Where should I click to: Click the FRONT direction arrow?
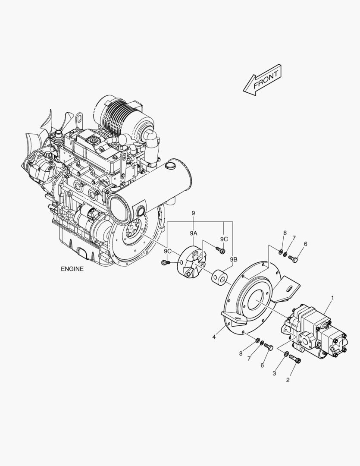point(262,81)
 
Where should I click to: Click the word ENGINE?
point(72,268)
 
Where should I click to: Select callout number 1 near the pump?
point(332,298)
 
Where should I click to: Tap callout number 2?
point(288,380)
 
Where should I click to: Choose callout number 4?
point(214,337)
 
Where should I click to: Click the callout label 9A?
point(194,233)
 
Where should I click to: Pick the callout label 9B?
point(233,259)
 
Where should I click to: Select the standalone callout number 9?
point(193,213)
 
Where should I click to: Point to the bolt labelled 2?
point(295,358)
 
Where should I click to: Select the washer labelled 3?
point(286,354)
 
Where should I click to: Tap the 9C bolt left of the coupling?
point(165,262)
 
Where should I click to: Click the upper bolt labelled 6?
point(294,259)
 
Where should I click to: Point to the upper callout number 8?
point(285,233)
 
